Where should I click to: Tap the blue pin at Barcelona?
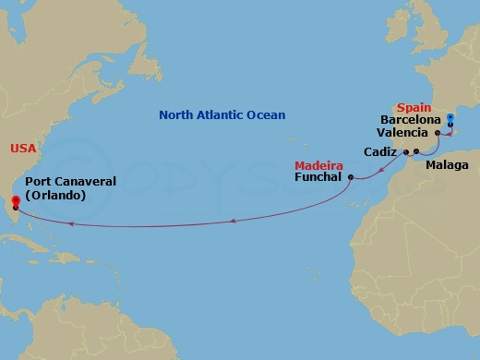click(450, 117)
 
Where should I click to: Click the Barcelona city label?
click(411, 119)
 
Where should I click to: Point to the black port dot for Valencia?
click(438, 133)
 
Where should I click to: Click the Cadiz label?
click(380, 151)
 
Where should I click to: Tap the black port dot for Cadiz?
click(404, 151)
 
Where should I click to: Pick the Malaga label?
click(447, 165)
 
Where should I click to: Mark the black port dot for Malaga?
click(416, 151)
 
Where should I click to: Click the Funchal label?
click(318, 177)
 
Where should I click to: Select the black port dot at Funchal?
click(351, 177)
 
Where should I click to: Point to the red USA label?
click(23, 148)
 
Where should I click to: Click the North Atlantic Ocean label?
click(222, 115)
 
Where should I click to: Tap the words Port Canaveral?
click(70, 182)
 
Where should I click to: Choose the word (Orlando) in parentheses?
click(56, 195)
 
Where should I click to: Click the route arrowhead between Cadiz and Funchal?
click(380, 172)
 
